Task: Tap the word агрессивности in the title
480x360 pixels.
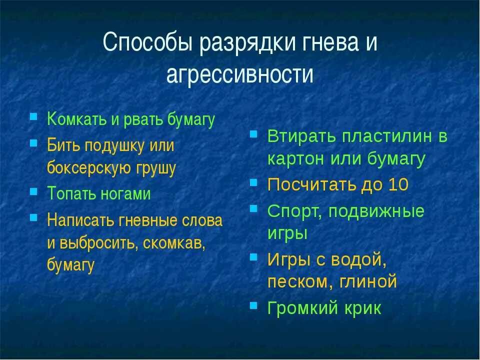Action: pos(239,74)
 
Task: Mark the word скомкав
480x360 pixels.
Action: pos(174,243)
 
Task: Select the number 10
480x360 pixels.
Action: pos(398,185)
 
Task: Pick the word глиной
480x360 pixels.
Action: pos(369,282)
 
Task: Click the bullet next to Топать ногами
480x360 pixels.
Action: pos(33,191)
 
